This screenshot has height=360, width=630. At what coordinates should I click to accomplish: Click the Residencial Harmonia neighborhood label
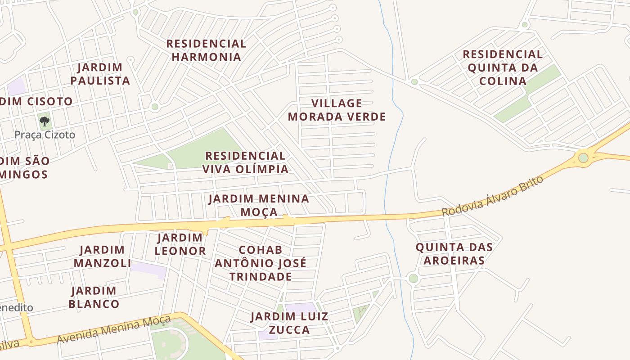(206, 50)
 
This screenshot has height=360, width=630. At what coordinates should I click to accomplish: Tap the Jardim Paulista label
(103, 74)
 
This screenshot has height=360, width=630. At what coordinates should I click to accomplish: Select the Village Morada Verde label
(337, 110)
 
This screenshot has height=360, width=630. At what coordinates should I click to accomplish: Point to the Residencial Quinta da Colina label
(503, 67)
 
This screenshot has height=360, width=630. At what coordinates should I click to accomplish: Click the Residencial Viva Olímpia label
(245, 162)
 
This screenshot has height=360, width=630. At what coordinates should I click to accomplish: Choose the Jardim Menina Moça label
(259, 205)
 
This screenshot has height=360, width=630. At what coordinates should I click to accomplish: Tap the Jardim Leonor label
(180, 244)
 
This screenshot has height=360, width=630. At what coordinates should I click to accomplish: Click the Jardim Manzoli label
(102, 256)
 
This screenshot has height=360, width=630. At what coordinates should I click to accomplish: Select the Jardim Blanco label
(94, 297)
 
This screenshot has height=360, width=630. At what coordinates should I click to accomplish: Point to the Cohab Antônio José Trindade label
(261, 263)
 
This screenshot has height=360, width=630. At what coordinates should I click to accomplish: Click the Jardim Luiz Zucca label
(289, 323)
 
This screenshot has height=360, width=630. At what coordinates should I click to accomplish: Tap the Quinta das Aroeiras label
(454, 254)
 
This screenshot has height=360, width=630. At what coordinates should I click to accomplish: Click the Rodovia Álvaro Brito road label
(492, 196)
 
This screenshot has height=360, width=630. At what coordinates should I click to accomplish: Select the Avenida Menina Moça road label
(114, 329)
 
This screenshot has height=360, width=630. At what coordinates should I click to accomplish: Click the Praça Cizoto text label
(45, 135)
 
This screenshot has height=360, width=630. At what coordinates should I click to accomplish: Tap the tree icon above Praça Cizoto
(44, 121)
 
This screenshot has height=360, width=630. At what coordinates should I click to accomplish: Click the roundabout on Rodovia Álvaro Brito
(583, 158)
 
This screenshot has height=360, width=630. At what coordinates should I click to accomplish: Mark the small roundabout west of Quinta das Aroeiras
(413, 279)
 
